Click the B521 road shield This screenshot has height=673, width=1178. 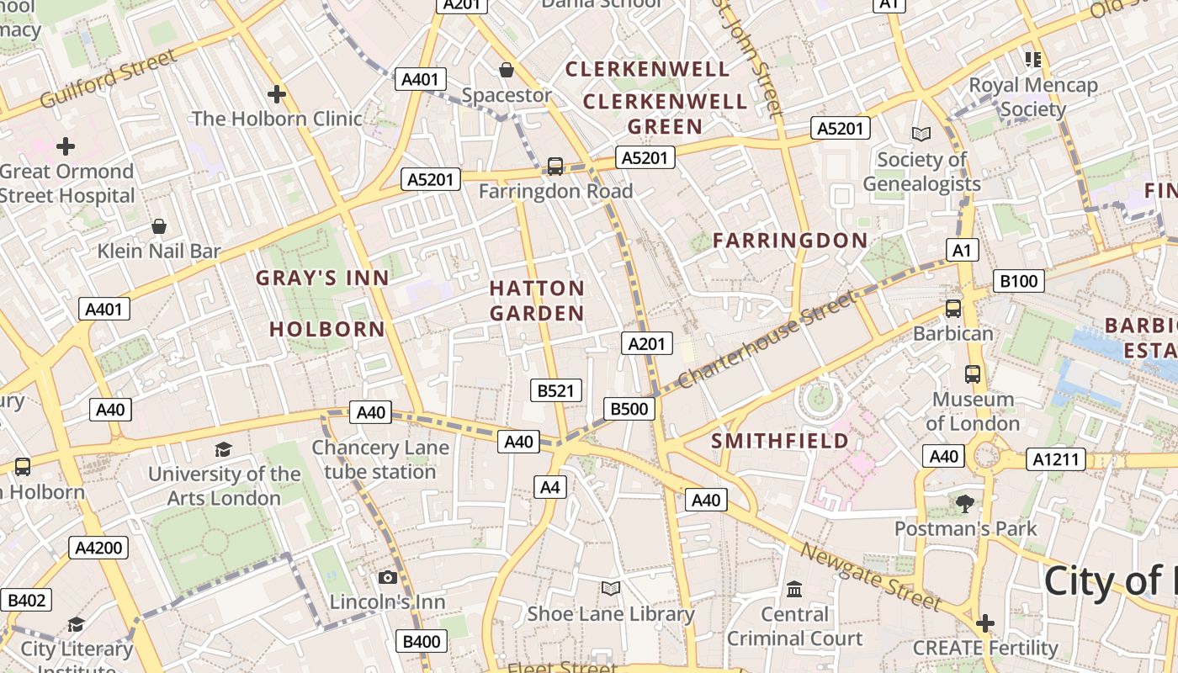[x=556, y=390]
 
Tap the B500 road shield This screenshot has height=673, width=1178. [x=629, y=410]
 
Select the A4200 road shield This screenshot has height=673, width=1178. [x=98, y=548]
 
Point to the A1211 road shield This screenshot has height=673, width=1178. [x=1056, y=459]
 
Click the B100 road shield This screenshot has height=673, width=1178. [x=1018, y=281]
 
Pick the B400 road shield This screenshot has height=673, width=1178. [x=422, y=642]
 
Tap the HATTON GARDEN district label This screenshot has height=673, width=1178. [x=537, y=301]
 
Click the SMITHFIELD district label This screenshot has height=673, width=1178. [x=780, y=441]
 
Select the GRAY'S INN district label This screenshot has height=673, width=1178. [x=323, y=278]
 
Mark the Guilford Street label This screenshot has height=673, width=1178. [x=109, y=78]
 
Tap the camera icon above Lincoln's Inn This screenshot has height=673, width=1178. [x=387, y=577]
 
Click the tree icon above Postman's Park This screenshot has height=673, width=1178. [x=965, y=504]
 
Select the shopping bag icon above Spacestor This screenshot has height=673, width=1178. [x=507, y=70]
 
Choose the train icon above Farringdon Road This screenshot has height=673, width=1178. [x=555, y=167]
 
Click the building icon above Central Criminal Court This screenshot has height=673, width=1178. [x=794, y=589]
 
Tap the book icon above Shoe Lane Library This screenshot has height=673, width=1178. [x=611, y=589]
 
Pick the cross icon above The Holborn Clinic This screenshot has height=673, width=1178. [x=277, y=94]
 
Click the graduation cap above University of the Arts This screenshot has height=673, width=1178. [x=223, y=450]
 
